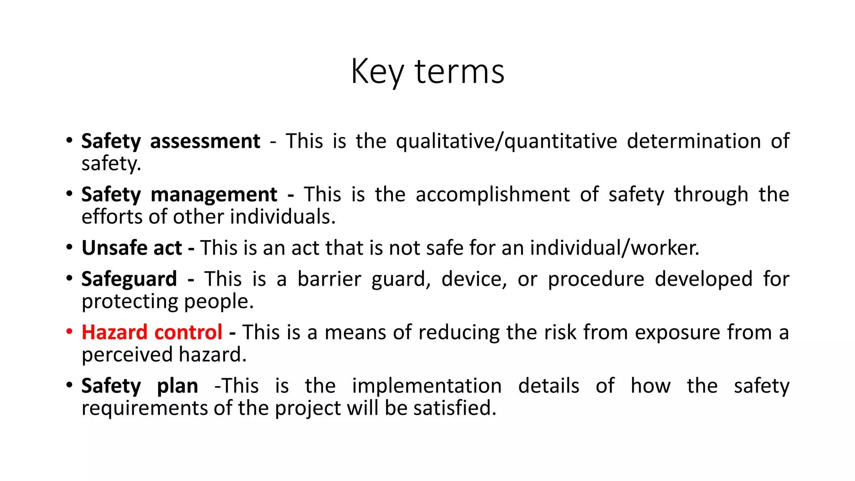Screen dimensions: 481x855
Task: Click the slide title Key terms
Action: coord(427,72)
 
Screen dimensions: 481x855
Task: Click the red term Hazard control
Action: coord(152,332)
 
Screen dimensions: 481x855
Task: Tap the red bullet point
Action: coord(69,332)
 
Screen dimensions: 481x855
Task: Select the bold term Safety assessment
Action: coord(170,141)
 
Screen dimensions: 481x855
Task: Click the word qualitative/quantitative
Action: coord(506,141)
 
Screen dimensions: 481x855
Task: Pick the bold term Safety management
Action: coord(179,195)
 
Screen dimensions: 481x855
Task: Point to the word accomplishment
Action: coord(492,195)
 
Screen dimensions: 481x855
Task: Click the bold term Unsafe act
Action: coord(132,248)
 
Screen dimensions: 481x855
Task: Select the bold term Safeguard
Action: coord(129,279)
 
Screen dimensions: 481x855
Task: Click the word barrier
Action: coord(329,279)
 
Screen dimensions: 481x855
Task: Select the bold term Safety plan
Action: coord(139,386)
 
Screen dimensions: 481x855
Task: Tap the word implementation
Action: coord(426,386)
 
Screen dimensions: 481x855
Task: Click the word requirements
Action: coord(144,408)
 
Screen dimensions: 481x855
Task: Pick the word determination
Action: coord(693,141)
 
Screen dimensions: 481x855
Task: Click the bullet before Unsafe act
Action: coord(69,247)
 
